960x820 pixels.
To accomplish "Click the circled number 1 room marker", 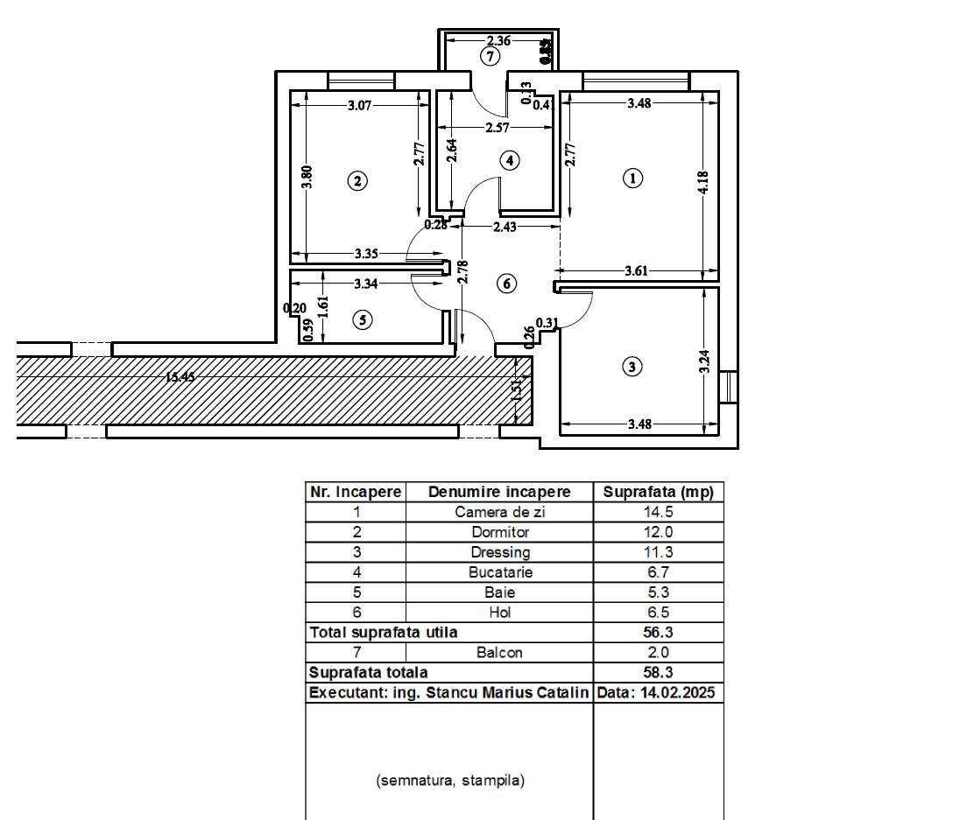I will pyautogui.click(x=632, y=179).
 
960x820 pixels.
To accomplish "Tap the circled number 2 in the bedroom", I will pyautogui.click(x=356, y=182).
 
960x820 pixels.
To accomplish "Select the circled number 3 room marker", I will pyautogui.click(x=632, y=367).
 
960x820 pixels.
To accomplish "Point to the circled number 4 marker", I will pyautogui.click(x=509, y=160).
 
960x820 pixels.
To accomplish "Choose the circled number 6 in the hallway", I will pyautogui.click(x=505, y=284).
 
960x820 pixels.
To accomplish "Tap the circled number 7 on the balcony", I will pyautogui.click(x=491, y=57).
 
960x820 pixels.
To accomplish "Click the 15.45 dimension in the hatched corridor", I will pyautogui.click(x=180, y=377).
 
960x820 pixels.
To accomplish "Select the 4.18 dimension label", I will pyautogui.click(x=702, y=182).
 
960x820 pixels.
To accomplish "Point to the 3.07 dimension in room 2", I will pyautogui.click(x=360, y=105).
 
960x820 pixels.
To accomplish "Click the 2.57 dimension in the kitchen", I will pyautogui.click(x=498, y=128).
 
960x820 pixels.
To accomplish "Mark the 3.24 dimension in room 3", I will pyautogui.click(x=703, y=361).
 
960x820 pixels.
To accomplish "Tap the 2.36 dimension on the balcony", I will pyautogui.click(x=498, y=40).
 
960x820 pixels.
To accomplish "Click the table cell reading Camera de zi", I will pyautogui.click(x=499, y=512).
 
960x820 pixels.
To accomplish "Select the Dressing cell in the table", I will pyautogui.click(x=499, y=552).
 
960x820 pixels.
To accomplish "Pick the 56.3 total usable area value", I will pyautogui.click(x=659, y=632).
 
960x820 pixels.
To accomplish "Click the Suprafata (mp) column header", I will pyautogui.click(x=659, y=492).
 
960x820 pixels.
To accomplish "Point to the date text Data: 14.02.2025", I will pyautogui.click(x=659, y=692).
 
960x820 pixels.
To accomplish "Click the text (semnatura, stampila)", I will pyautogui.click(x=450, y=781).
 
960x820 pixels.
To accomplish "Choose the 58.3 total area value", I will pyautogui.click(x=659, y=672).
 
